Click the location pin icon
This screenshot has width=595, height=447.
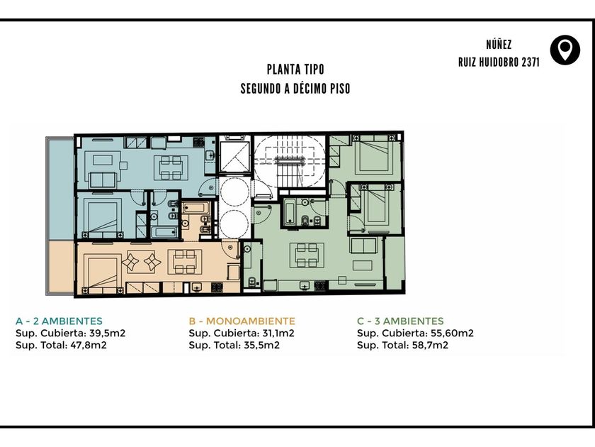coord(565,50)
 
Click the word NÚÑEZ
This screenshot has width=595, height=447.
coord(499,45)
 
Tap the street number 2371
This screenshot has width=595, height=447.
coord(530,62)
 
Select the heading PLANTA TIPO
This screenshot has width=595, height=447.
coord(295,70)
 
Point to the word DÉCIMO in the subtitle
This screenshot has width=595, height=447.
coord(307,89)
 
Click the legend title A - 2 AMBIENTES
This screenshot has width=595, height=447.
coord(59,321)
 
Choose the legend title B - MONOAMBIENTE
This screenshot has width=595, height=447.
coord(242,321)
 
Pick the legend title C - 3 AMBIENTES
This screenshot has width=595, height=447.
coord(400,321)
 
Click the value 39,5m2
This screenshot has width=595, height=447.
coord(108,333)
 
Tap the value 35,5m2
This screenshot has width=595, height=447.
coord(262,345)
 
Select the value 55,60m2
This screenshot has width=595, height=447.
coord(452,333)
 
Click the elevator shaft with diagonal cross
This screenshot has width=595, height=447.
coord(235,157)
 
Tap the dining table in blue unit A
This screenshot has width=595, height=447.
coord(171,167)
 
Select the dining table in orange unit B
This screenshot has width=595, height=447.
coord(185,262)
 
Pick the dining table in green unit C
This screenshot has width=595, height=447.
coord(307,255)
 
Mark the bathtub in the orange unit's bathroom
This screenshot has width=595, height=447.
coord(195,209)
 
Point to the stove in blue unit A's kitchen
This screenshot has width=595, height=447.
coord(198,142)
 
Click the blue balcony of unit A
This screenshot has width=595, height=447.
coord(60,188)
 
